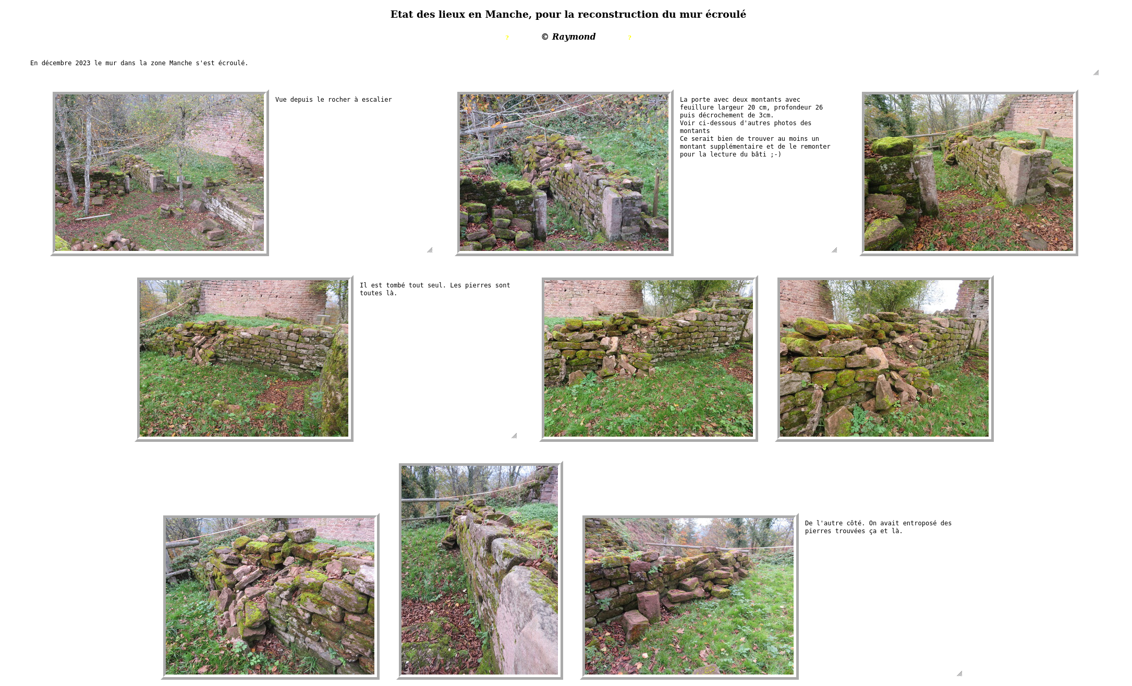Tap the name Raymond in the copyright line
(574, 37)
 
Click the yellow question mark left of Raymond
(507, 38)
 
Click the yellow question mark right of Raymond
(629, 38)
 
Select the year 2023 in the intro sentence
(83, 63)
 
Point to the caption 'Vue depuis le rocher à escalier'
(334, 100)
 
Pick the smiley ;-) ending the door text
(776, 154)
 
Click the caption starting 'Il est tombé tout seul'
(435, 289)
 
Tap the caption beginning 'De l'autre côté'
(878, 527)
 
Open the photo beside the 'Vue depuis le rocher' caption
(160, 173)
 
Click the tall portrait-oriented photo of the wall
(479, 570)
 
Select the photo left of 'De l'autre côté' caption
(689, 596)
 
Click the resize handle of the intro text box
(1096, 73)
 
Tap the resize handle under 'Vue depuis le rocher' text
(430, 250)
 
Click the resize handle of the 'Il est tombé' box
(514, 436)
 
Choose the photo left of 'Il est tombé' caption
(244, 358)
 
